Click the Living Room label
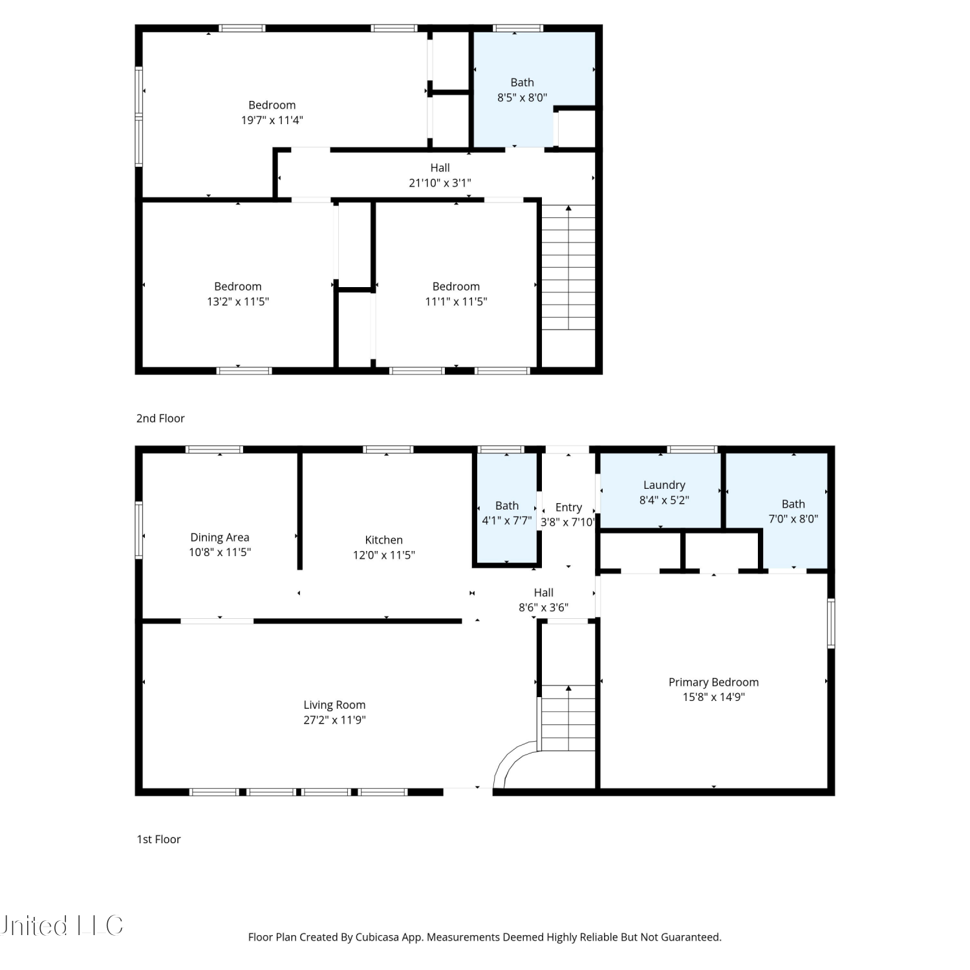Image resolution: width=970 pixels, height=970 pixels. (334, 705)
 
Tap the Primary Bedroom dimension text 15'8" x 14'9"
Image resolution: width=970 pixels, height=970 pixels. (714, 697)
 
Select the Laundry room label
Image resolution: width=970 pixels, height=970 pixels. (664, 485)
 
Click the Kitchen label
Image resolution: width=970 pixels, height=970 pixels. (383, 540)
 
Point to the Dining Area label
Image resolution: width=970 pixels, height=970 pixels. (220, 537)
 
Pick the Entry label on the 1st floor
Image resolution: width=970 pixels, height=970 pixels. (568, 508)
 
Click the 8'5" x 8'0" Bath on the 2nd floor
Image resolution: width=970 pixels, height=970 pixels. (523, 83)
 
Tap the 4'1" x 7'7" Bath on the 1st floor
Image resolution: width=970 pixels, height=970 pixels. (507, 506)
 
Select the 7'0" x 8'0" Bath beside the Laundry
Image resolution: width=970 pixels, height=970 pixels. (793, 504)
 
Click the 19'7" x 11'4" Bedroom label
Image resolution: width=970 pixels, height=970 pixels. (272, 105)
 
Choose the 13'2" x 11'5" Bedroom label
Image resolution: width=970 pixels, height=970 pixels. (238, 286)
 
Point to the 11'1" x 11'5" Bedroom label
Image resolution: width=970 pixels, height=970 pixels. (456, 286)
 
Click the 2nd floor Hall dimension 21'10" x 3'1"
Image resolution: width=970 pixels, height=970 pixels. (440, 183)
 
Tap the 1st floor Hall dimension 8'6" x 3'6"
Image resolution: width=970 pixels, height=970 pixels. (544, 607)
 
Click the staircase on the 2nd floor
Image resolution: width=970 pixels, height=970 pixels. (568, 268)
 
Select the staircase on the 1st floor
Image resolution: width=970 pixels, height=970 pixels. (568, 718)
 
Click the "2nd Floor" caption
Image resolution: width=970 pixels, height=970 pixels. (160, 418)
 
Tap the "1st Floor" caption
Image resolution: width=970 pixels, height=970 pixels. (158, 839)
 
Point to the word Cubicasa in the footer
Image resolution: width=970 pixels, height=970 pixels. (377, 937)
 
